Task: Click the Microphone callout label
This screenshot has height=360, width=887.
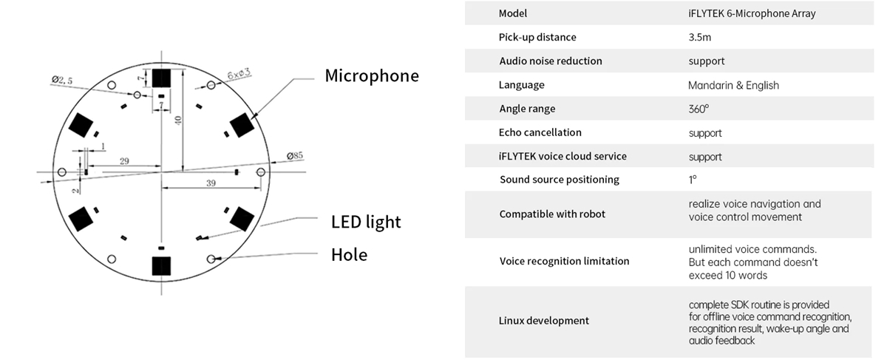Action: click(x=372, y=75)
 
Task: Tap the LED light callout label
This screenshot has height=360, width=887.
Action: click(x=366, y=222)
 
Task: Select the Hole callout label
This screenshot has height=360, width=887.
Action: click(x=349, y=255)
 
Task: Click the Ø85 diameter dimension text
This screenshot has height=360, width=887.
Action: click(x=294, y=156)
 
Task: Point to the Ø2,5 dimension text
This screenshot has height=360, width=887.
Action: click(x=62, y=80)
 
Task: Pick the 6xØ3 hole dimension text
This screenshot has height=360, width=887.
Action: click(x=239, y=73)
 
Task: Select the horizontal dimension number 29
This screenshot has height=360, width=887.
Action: click(x=123, y=160)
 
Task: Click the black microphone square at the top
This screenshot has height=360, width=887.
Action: click(x=161, y=78)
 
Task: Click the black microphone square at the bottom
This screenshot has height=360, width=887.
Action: click(x=161, y=266)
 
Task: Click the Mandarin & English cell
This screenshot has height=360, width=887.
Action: click(x=733, y=85)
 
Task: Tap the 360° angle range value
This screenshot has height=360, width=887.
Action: click(x=699, y=109)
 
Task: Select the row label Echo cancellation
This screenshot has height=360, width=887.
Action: click(x=540, y=132)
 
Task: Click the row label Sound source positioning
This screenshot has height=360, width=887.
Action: click(x=560, y=180)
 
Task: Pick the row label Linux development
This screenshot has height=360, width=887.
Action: click(x=544, y=321)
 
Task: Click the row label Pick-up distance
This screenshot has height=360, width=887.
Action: click(x=537, y=37)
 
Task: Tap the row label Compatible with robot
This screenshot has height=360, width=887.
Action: click(x=552, y=214)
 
